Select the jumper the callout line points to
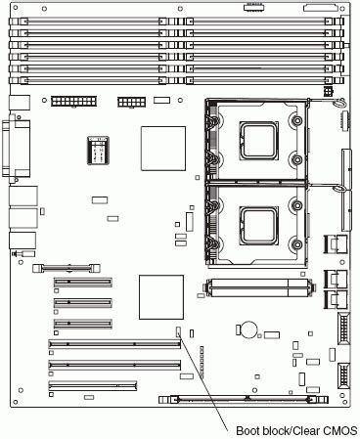coord(179,332)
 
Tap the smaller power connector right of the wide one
coord(131,102)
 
